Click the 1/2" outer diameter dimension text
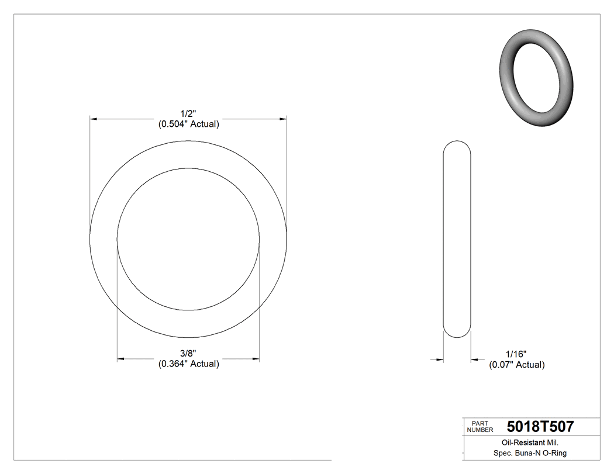tap(188, 113)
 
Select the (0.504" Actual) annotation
tap(188, 124)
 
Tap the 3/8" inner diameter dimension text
tap(188, 353)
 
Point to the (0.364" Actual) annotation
tap(188, 364)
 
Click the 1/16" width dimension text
tap(516, 354)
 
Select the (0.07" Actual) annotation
tap(516, 365)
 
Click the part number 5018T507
tap(540, 427)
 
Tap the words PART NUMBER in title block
tap(480, 427)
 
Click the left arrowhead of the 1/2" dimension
tap(94, 119)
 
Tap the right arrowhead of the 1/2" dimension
tap(283, 119)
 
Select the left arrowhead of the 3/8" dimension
tap(121, 358)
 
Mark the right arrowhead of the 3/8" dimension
tap(256, 358)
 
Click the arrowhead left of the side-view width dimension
tap(439, 359)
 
